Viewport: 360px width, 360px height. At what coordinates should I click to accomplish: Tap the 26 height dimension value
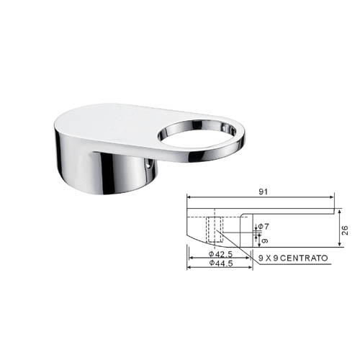(x=345, y=230)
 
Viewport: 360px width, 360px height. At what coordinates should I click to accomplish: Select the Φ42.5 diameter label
(x=220, y=253)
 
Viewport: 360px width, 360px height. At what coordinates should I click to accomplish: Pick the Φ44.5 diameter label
(x=221, y=264)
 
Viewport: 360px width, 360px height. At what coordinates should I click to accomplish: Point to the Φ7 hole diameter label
(x=264, y=226)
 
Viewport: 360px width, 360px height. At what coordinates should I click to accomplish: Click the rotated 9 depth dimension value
(x=265, y=240)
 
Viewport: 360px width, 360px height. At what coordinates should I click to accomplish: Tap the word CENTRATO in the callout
(x=304, y=258)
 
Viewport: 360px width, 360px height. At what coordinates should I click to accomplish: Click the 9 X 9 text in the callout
(x=269, y=258)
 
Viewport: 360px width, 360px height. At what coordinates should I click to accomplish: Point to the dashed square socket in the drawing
(x=215, y=230)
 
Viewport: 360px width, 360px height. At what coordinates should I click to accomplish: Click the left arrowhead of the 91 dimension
(x=189, y=197)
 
